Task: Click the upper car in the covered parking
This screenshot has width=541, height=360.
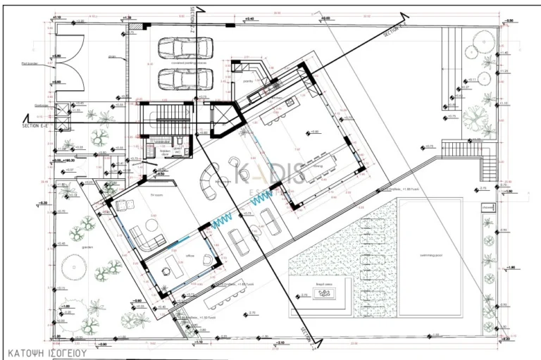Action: (x=177, y=48)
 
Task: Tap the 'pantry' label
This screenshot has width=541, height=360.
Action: (x=248, y=81)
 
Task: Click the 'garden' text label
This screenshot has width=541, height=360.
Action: (x=87, y=247)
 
